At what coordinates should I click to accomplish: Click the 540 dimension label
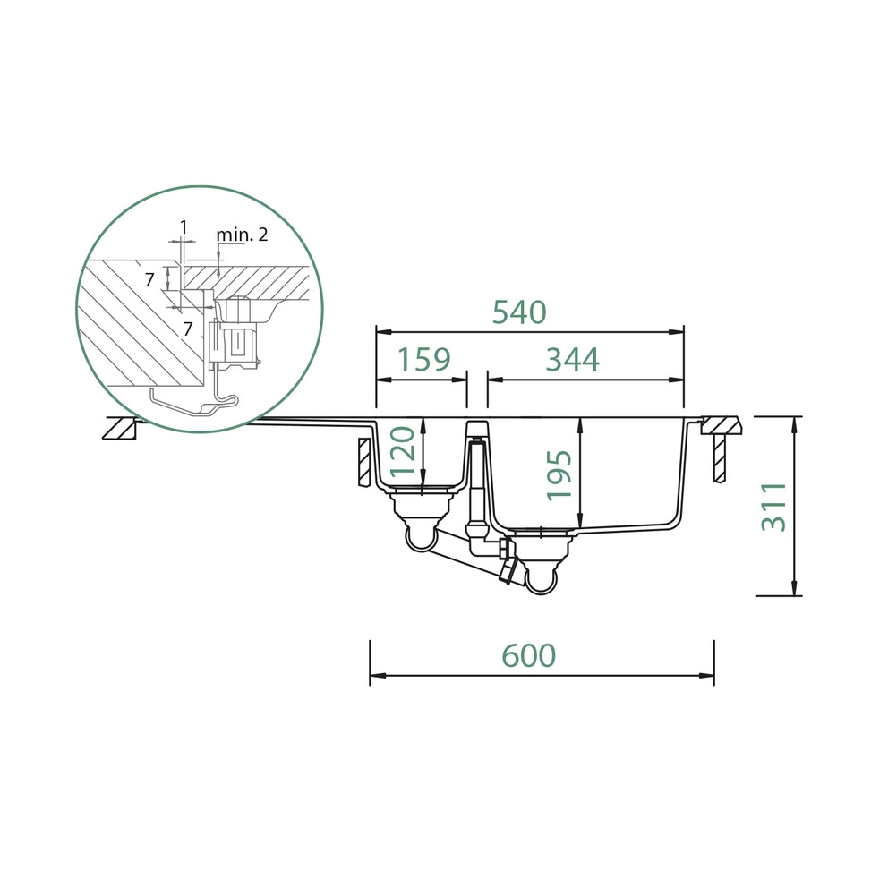519,312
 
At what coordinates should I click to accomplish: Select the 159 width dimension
423,360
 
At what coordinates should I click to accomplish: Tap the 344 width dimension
572,360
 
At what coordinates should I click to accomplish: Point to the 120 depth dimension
404,451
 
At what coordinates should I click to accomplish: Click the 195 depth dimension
559,475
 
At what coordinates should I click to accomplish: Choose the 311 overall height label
773,507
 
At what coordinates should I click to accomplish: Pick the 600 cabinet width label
528,655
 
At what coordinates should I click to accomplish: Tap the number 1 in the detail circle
183,227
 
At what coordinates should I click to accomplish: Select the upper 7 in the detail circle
149,279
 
